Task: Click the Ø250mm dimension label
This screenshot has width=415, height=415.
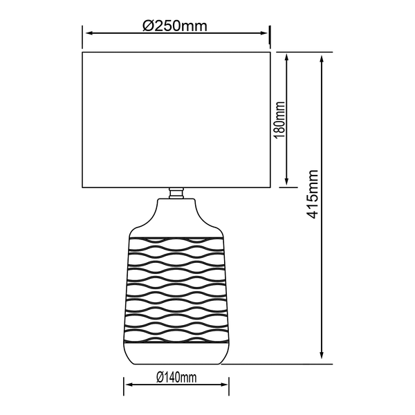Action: tap(175, 26)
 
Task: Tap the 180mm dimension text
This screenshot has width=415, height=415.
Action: tap(279, 120)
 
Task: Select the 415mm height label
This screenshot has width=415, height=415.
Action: tap(312, 194)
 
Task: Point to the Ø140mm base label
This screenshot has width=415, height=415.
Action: tap(176, 377)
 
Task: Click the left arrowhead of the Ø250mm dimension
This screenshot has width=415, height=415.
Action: tap(89, 33)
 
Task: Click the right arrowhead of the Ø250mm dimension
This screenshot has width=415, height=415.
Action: tap(264, 33)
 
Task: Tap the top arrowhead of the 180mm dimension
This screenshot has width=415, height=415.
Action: tap(286, 57)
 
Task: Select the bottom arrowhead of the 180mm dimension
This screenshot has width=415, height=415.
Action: tap(286, 181)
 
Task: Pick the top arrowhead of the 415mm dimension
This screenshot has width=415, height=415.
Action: tap(322, 59)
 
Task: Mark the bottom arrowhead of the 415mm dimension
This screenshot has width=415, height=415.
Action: tap(322, 355)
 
